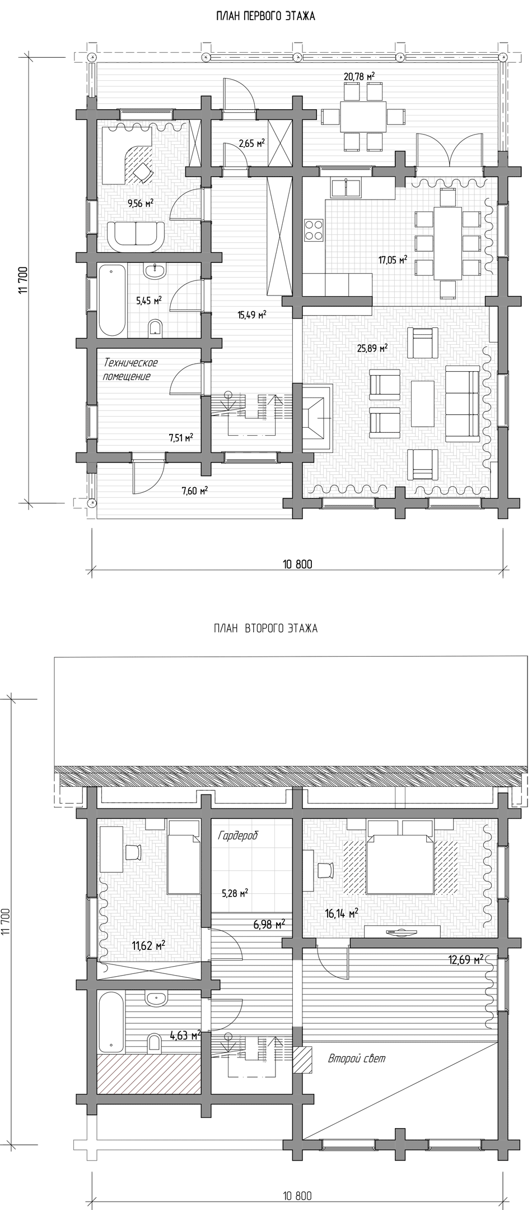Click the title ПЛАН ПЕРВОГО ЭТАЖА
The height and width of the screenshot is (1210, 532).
click(265, 16)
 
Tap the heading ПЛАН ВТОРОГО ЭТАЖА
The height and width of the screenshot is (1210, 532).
click(265, 628)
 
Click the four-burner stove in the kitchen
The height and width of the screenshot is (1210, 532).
click(314, 229)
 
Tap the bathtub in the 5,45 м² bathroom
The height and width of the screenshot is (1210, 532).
click(112, 301)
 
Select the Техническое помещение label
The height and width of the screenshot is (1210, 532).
click(129, 370)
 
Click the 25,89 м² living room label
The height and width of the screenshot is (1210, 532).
click(372, 348)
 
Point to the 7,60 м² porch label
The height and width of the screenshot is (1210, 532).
click(195, 491)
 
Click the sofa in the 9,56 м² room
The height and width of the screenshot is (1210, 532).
click(136, 235)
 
